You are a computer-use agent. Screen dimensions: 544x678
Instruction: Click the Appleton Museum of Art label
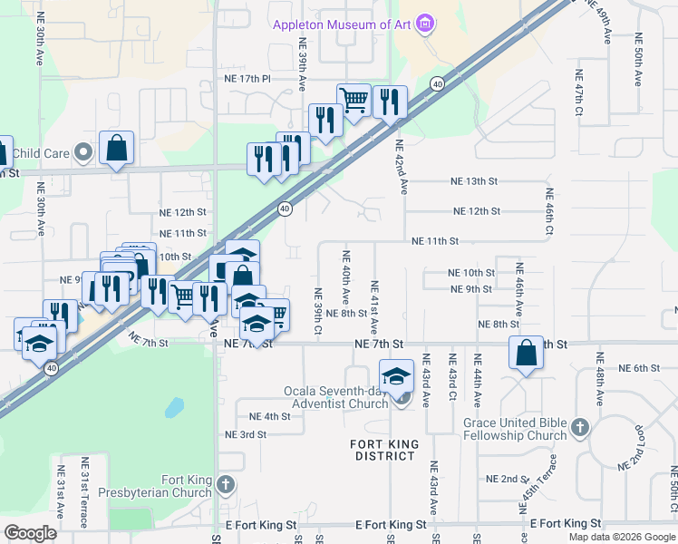click(x=342, y=24)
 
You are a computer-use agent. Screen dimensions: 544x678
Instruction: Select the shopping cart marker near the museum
click(x=353, y=99)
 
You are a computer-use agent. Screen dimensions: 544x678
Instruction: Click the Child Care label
click(x=40, y=153)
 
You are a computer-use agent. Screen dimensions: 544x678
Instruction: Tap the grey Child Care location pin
click(x=84, y=152)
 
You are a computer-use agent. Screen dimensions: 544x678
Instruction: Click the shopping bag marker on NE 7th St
click(x=527, y=353)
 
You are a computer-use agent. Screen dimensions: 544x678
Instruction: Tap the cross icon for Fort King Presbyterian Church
click(x=227, y=486)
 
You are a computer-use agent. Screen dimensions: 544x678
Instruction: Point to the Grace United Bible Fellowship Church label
click(x=515, y=429)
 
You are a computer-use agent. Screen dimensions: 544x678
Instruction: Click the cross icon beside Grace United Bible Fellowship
click(x=581, y=426)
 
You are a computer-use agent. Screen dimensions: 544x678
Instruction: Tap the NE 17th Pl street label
click(x=247, y=80)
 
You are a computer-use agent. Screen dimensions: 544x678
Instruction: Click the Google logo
click(x=30, y=533)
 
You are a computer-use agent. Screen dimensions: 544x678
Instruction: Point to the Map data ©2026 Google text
click(x=622, y=537)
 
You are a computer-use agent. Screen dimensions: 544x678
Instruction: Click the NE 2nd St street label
click(x=507, y=479)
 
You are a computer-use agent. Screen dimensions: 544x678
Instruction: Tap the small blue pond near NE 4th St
click(x=173, y=409)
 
